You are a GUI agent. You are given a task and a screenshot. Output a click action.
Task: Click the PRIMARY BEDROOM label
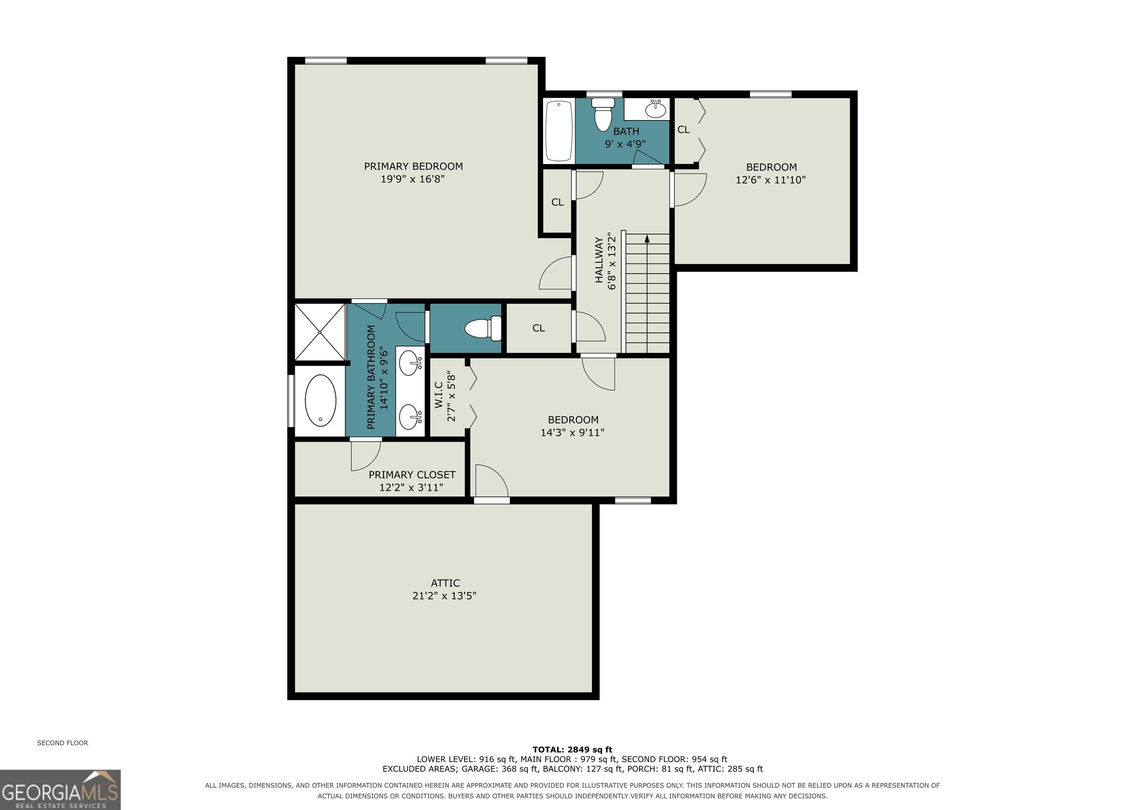coord(413,167)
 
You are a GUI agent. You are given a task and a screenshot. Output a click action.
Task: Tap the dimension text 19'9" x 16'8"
coord(413,179)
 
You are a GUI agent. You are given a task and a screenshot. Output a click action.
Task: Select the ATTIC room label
coord(445,583)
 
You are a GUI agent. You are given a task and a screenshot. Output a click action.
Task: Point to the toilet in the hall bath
coord(603,114)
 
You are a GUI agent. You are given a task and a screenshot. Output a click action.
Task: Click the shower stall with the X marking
coord(320,332)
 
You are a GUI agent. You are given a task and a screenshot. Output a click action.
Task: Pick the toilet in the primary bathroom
coord(483,328)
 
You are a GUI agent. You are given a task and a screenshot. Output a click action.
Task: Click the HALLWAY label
coord(599,260)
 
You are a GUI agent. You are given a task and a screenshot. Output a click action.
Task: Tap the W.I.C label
coord(439,395)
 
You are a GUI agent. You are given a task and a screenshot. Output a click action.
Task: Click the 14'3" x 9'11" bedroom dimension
coord(572,432)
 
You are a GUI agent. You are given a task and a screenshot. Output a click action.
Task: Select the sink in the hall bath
coord(655,109)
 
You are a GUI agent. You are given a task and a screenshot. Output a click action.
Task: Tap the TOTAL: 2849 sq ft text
coord(572,750)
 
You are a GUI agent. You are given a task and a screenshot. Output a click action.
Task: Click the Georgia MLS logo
coord(60,789)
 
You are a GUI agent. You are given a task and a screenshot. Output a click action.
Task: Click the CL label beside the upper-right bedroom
coord(683,130)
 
